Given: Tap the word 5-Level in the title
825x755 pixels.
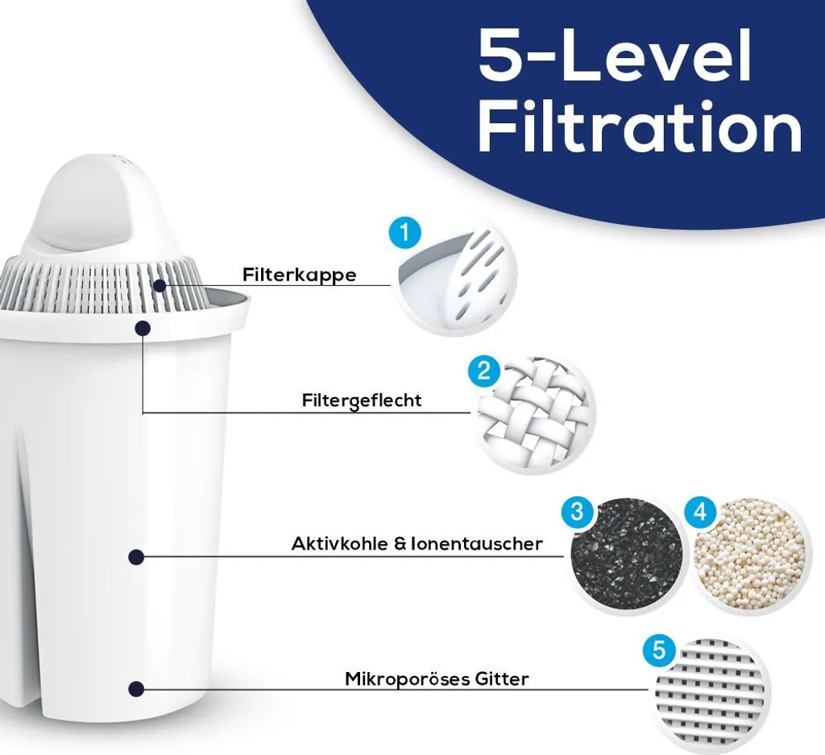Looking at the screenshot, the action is click(615, 55).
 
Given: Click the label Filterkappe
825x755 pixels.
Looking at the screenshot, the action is click(300, 275).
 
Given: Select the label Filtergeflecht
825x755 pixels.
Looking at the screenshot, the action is click(362, 400).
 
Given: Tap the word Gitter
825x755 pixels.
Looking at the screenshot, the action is click(503, 678).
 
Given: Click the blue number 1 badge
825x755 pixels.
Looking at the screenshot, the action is click(404, 233).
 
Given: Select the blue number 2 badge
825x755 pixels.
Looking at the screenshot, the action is click(484, 371).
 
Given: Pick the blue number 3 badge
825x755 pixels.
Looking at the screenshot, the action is click(577, 511).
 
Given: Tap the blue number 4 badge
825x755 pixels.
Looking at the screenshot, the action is click(700, 512).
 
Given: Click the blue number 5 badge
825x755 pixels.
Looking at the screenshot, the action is click(659, 651).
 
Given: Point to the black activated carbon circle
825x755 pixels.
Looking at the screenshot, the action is click(626, 556).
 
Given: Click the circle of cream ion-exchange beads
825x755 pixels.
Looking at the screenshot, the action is click(749, 556).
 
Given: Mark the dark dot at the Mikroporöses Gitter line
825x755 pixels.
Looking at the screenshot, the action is click(136, 688).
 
